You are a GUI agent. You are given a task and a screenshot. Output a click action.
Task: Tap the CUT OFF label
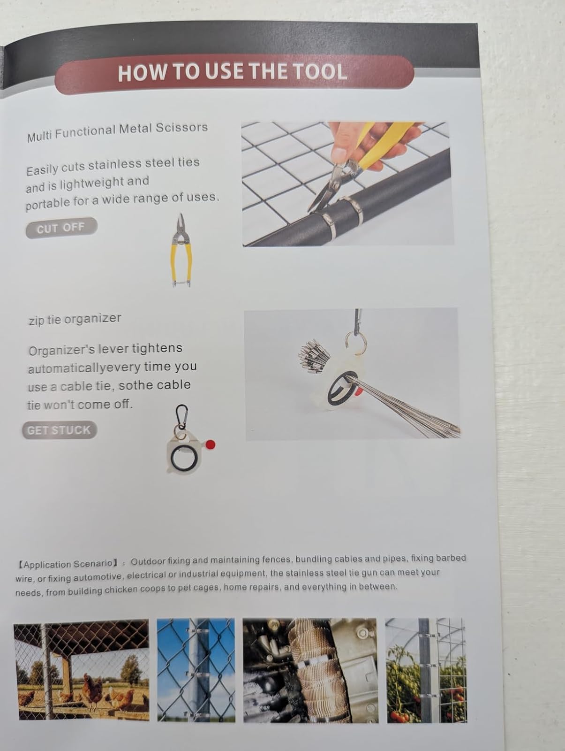pos(61,228)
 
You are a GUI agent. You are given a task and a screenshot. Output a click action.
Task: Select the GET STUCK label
pos(60,430)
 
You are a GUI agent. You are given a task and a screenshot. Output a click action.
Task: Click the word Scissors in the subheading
pos(182,127)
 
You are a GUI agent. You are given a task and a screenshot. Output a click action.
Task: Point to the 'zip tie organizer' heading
pos(75,320)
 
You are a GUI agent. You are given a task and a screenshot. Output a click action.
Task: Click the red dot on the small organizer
pos(211,444)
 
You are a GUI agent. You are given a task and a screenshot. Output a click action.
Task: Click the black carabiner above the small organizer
pos(182,416)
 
